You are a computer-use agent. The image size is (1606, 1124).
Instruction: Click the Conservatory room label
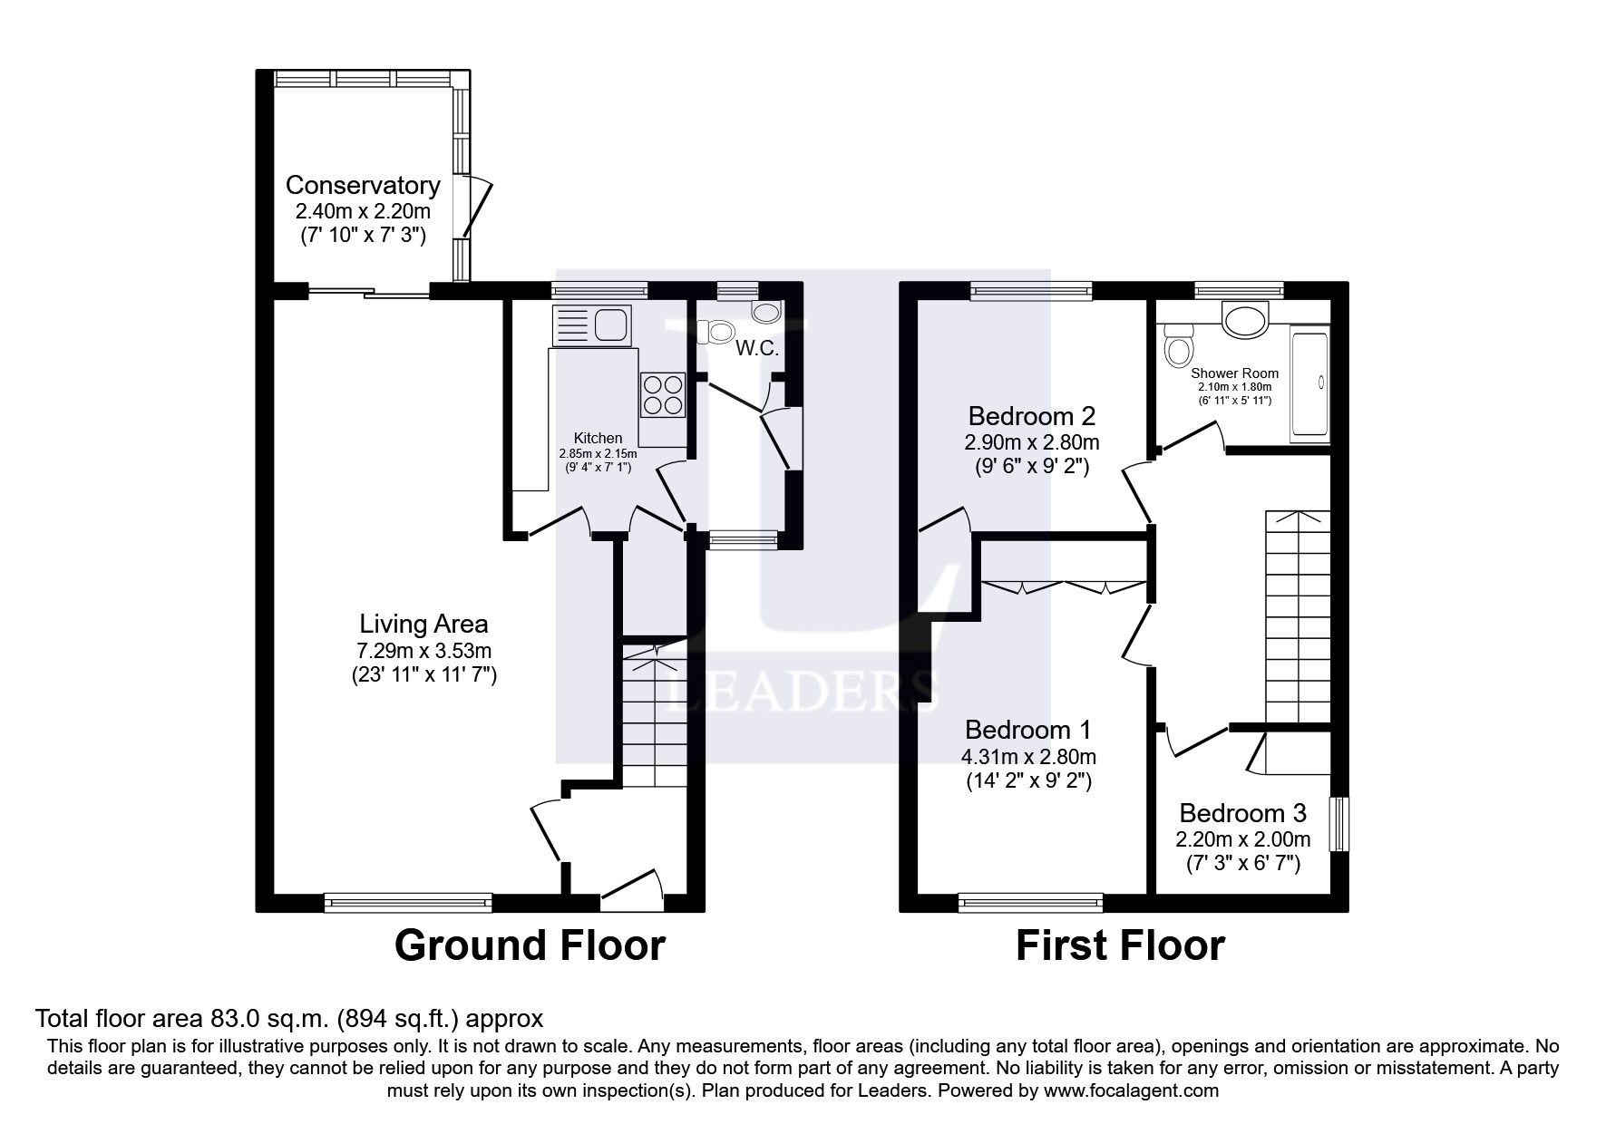[363, 186]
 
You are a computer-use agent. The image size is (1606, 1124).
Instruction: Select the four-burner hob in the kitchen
[663, 394]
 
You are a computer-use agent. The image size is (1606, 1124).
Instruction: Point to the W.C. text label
[756, 349]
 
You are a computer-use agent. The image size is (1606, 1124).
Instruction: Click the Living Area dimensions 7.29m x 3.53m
[423, 650]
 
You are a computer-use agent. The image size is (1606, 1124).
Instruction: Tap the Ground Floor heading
[530, 945]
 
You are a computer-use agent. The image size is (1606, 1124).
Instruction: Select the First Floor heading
[1120, 945]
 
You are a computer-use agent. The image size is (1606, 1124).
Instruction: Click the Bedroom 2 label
[1032, 416]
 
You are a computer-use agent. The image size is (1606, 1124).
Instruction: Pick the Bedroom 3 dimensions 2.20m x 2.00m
[1243, 838]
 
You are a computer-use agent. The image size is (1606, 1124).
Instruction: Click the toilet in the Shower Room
[1180, 346]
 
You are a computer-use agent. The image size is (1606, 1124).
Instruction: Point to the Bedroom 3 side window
[1338, 824]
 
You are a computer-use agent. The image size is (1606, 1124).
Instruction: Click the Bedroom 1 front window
[1031, 901]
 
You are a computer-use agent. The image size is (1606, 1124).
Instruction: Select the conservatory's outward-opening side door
[478, 208]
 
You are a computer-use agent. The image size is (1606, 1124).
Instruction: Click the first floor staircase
[1298, 616]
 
